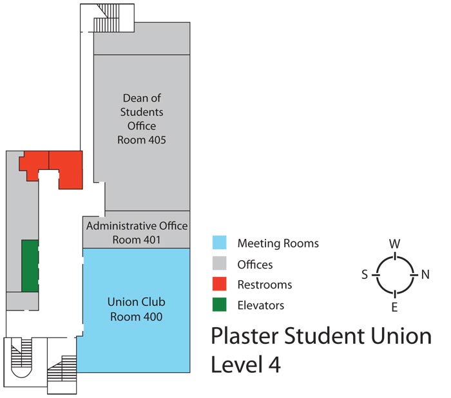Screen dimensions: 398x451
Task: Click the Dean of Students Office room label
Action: [142, 118]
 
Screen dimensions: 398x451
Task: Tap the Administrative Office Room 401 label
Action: [137, 232]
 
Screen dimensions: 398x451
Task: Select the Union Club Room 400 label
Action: [136, 309]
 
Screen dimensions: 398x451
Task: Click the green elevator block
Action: [30, 265]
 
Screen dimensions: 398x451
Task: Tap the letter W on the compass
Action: [394, 243]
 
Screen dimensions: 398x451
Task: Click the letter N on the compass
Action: [425, 274]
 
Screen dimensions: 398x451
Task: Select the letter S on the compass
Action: [365, 274]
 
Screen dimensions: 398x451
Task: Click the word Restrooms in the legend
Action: [264, 285]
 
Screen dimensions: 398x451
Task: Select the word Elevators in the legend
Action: [261, 305]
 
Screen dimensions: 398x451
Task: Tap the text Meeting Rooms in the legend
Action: [278, 243]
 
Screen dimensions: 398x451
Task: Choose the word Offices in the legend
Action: [255, 264]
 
